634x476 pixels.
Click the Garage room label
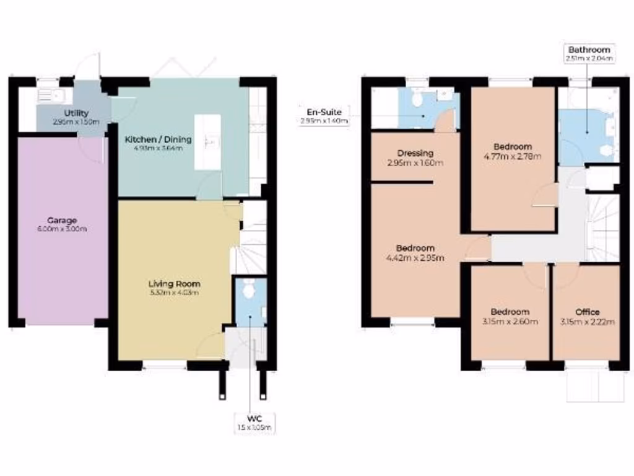click(x=62, y=220)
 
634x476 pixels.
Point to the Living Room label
click(x=174, y=284)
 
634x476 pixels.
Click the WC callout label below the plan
click(x=254, y=418)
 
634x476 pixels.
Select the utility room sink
click(x=48, y=96)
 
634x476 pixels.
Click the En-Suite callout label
click(x=324, y=112)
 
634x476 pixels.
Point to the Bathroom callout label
click(x=589, y=50)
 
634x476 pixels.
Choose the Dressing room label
click(x=415, y=153)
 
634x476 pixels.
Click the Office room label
click(x=587, y=312)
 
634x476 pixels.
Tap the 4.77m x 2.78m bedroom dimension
click(x=512, y=156)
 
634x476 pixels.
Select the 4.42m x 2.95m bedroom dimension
click(x=415, y=258)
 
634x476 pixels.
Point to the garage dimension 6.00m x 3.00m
click(x=62, y=229)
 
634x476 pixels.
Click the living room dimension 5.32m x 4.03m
click(x=174, y=293)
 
